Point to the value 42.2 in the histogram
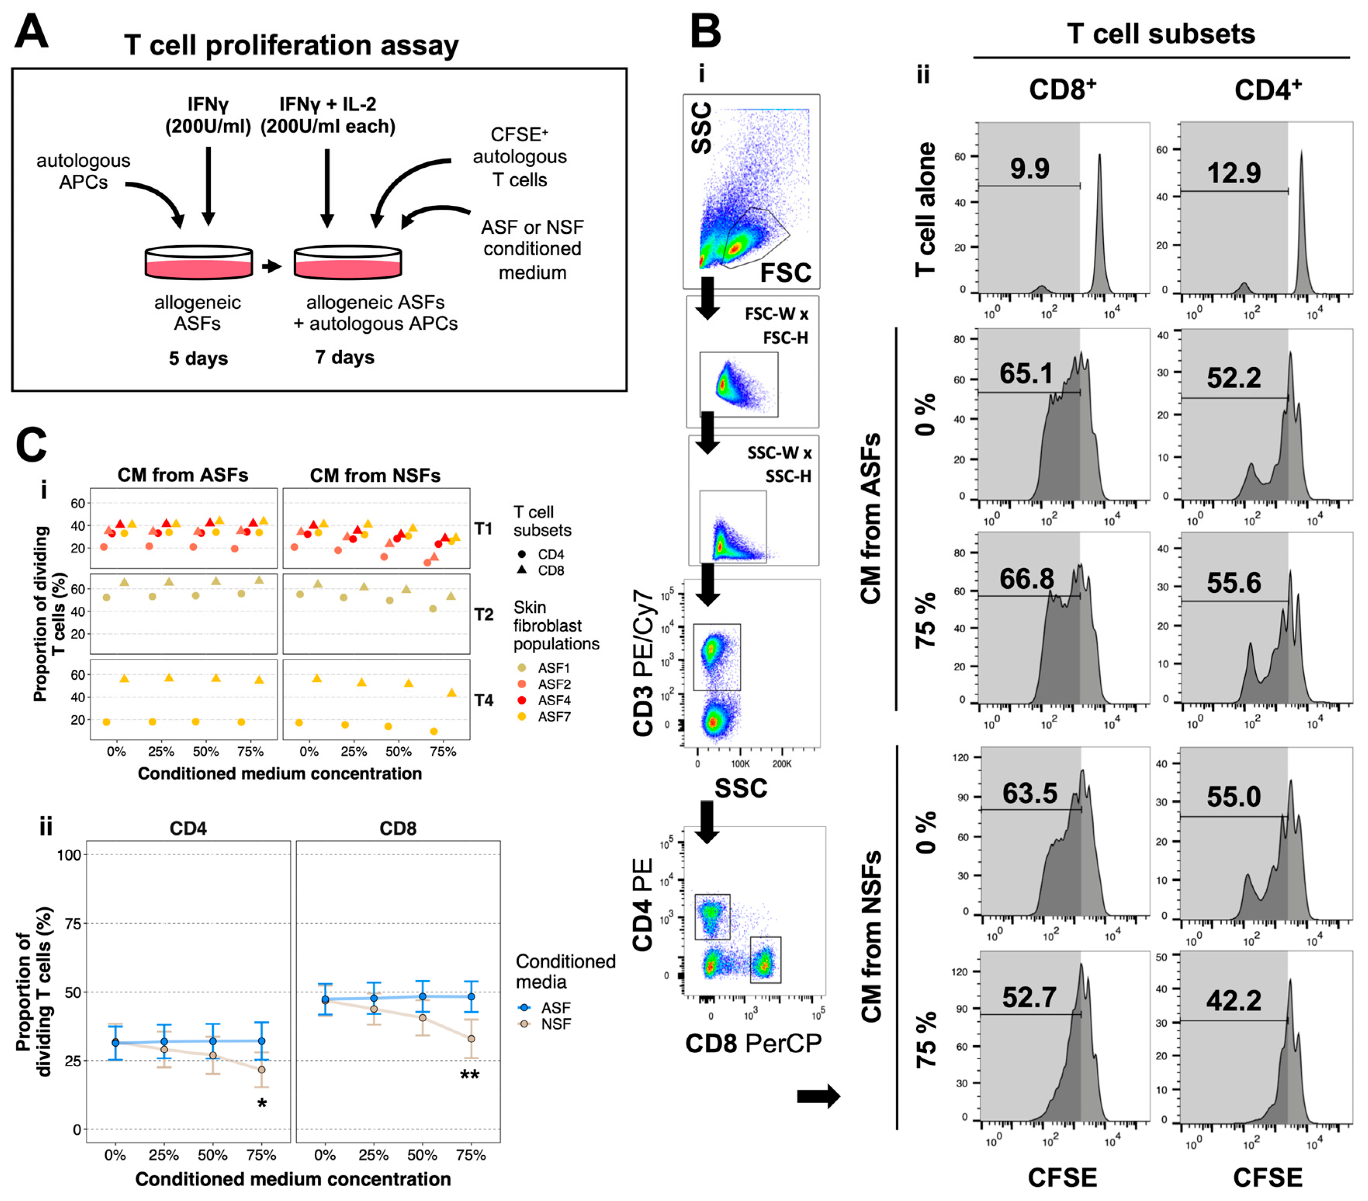1233,1001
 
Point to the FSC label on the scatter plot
785,272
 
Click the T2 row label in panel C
483,614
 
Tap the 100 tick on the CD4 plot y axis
69,855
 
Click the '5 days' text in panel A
198,358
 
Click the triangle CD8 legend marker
522,570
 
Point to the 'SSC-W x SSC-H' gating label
779,465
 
